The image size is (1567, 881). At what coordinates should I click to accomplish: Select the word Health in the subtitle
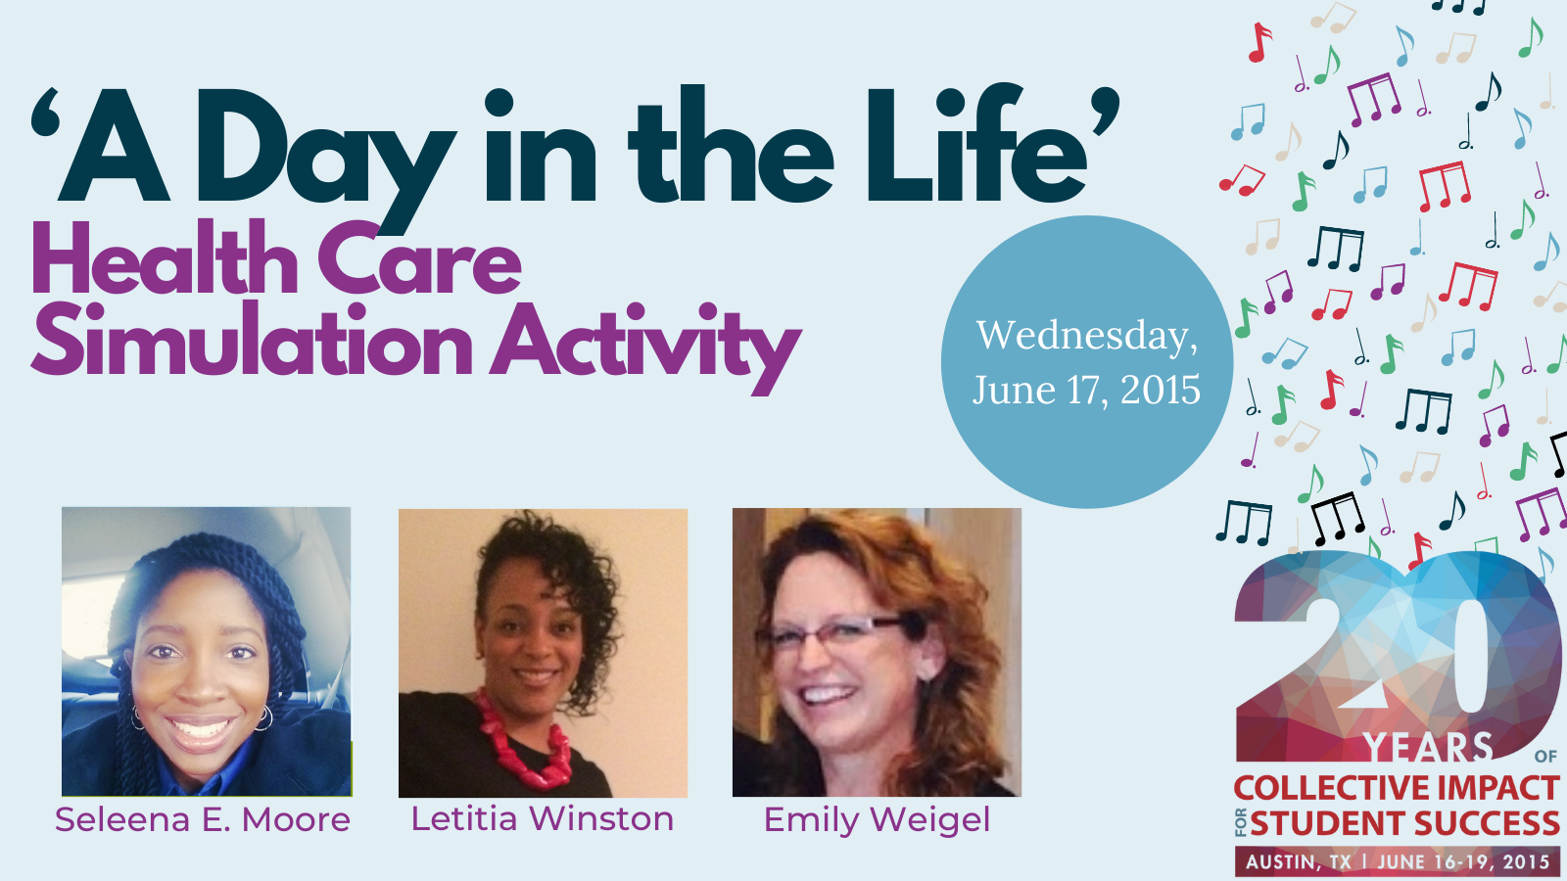pos(166,257)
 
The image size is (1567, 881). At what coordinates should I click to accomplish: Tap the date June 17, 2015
pos(1086,390)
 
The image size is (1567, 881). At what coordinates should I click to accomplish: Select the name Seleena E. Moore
pos(203,819)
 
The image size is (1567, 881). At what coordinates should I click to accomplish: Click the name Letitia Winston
pos(543,818)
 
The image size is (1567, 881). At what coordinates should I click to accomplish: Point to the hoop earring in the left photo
pos(264,719)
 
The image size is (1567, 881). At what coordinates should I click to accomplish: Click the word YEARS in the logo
pos(1428,747)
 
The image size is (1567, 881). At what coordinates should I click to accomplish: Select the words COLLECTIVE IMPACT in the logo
pos(1397,789)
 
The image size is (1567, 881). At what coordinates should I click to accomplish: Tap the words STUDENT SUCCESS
pos(1404,823)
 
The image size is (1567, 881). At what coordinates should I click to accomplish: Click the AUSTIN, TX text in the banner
pos(1299,861)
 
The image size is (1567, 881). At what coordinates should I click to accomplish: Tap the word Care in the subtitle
pos(420,258)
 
